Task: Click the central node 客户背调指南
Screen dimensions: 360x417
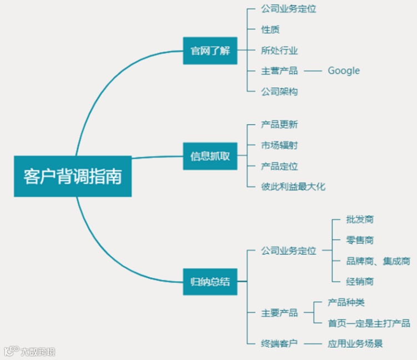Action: (72, 177)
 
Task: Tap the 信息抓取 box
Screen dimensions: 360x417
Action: (206, 156)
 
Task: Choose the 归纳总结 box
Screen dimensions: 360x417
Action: (206, 282)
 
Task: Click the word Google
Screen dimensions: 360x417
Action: (343, 71)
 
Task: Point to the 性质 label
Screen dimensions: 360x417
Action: (270, 29)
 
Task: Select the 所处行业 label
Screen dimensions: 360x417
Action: (279, 51)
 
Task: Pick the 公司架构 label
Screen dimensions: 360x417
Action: (279, 92)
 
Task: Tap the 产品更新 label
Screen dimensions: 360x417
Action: (279, 124)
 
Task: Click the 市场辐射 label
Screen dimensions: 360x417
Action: (279, 146)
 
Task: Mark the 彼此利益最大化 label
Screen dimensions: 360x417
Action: (293, 187)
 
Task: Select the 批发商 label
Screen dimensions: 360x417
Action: (360, 219)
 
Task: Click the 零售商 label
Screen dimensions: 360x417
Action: (360, 240)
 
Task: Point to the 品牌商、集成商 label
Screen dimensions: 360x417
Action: (378, 261)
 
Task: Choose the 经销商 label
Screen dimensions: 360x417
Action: (360, 282)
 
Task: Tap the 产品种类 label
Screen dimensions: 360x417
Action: (346, 303)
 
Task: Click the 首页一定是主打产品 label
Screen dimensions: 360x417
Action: (369, 323)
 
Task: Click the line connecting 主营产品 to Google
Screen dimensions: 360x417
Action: (313, 71)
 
